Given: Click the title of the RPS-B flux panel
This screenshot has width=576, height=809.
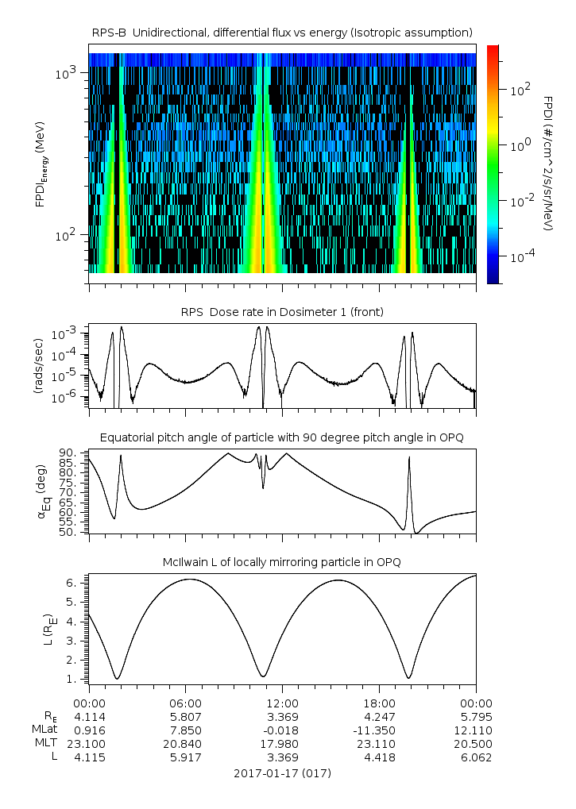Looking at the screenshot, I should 282,32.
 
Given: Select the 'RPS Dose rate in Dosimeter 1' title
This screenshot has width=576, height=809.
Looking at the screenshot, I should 282,312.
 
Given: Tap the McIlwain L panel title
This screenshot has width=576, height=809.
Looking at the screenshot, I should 282,562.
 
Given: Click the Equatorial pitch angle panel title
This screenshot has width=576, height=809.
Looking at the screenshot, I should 282,437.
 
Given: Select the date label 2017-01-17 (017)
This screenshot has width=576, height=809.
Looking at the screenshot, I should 282,772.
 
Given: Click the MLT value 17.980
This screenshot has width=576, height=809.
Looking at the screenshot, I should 282,743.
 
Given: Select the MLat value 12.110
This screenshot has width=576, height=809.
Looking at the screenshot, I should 475,730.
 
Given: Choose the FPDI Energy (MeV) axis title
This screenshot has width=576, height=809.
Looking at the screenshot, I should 40,170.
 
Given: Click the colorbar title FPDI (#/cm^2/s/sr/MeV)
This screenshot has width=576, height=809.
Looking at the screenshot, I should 548,164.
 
